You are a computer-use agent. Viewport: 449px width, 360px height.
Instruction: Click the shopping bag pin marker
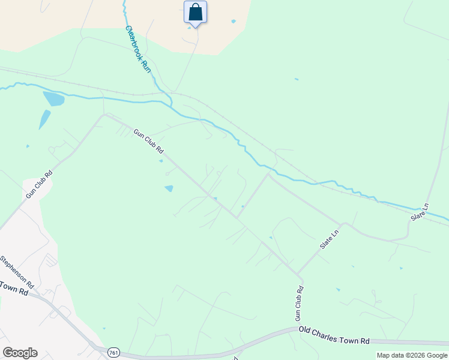[x=195, y=13]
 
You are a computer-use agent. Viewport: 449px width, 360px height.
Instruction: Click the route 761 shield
[x=113, y=352]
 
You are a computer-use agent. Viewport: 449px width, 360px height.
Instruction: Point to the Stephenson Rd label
[x=16, y=272]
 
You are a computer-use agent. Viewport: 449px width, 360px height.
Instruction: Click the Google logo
[x=20, y=353]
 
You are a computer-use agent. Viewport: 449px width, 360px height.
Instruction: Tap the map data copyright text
[x=412, y=355]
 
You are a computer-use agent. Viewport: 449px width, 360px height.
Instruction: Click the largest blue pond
[x=53, y=98]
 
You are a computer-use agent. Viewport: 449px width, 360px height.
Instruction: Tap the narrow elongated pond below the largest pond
[x=44, y=119]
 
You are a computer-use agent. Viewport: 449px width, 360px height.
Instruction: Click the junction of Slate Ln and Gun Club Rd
[x=298, y=274]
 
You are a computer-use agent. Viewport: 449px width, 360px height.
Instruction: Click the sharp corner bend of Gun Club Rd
[x=104, y=115]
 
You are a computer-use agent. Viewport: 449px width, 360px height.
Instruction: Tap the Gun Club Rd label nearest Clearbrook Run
[x=148, y=142]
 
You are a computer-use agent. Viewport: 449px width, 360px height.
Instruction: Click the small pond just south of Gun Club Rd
[x=169, y=188]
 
